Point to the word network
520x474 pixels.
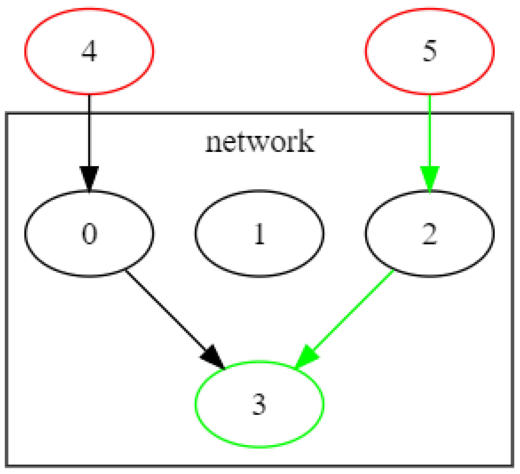(259, 142)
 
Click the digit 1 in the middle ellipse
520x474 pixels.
(259, 234)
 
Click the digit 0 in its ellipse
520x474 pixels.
(89, 234)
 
